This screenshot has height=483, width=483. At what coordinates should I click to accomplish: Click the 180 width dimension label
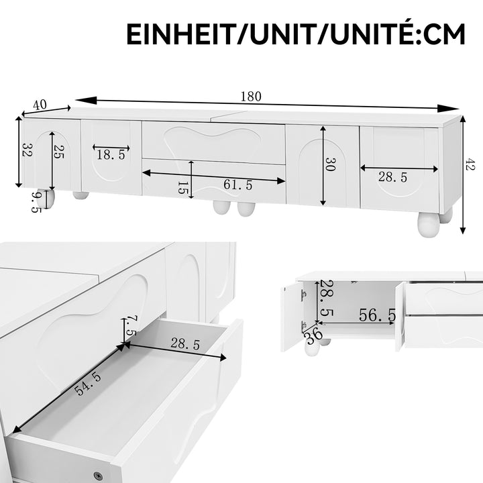[251, 96]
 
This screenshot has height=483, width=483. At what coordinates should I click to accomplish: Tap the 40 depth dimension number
[40, 105]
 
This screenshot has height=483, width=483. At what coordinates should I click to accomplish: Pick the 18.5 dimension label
[111, 155]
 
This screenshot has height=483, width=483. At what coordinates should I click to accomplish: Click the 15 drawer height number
[182, 187]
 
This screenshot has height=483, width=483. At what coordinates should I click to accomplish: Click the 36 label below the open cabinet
[313, 333]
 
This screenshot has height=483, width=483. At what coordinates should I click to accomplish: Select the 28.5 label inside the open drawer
[184, 344]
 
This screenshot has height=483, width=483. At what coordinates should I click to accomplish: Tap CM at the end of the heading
[442, 34]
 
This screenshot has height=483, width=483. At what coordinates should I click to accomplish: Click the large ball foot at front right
[427, 224]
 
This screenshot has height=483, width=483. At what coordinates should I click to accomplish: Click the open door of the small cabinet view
[292, 315]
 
